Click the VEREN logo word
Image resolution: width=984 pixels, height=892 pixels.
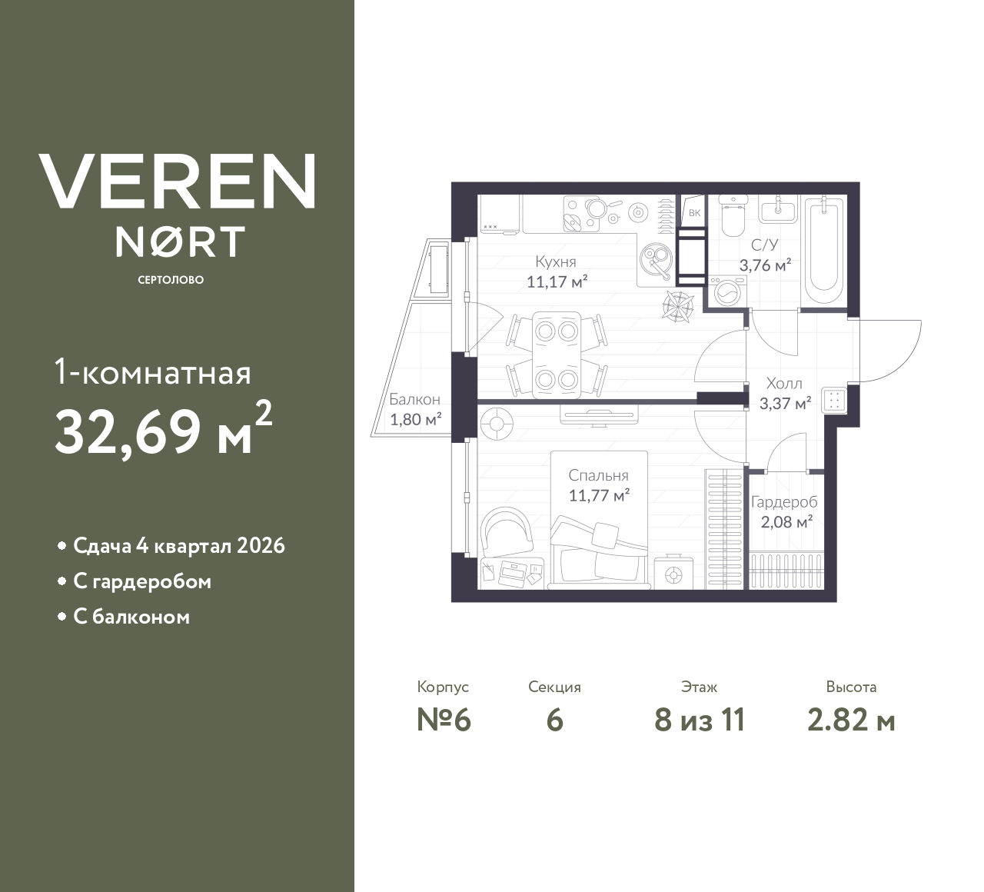click(177, 181)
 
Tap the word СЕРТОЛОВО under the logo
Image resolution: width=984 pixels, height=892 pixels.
click(171, 280)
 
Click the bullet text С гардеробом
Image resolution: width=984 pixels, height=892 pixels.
click(141, 581)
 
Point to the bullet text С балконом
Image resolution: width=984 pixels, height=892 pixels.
click(131, 617)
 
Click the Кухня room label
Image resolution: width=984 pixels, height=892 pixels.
click(557, 261)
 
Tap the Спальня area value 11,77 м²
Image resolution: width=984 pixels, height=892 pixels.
click(599, 496)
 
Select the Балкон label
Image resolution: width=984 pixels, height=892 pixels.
click(414, 400)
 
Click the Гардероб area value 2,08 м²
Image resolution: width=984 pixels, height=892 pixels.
click(783, 522)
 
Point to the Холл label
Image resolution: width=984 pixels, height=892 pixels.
click(784, 383)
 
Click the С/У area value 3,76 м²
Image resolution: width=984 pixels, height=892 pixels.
click(765, 266)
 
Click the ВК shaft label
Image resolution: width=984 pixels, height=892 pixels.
click(694, 213)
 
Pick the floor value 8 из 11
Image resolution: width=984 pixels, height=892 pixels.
click(700, 721)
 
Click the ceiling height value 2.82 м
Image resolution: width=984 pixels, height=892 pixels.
click(851, 721)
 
